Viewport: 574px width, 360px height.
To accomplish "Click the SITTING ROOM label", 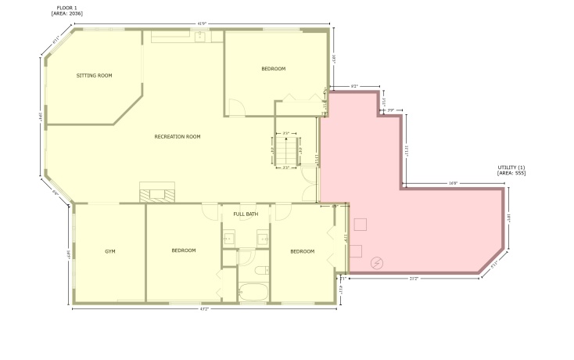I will tap(94, 76).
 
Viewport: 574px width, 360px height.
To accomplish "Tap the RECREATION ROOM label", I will tap(178, 137).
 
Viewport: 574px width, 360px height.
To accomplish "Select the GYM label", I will tap(110, 251).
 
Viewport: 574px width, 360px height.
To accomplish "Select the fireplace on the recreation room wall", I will tap(158, 193).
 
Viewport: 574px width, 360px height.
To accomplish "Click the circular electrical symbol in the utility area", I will tap(378, 262).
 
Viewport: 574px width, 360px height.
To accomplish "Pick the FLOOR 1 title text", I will tap(67, 7).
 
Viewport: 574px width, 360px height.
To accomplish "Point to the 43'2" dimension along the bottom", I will tap(205, 308).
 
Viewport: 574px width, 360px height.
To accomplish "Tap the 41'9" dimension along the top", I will tap(201, 23).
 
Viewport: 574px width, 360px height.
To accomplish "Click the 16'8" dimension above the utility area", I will tap(453, 183).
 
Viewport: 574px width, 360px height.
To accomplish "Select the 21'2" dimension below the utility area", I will tap(413, 279).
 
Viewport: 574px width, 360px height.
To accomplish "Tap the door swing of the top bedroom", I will tap(235, 106).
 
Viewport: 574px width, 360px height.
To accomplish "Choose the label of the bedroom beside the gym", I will tap(183, 250).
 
